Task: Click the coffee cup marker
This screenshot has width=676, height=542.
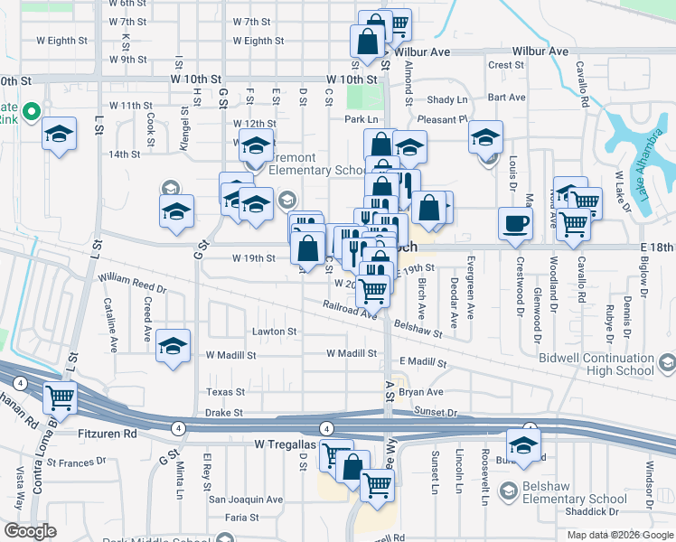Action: tap(515, 223)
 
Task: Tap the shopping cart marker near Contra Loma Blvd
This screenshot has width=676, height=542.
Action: tap(61, 397)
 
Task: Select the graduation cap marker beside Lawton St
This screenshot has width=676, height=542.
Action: tap(173, 346)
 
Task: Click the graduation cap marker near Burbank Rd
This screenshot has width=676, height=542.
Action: tap(522, 444)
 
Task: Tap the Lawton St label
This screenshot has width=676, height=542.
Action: tap(274, 332)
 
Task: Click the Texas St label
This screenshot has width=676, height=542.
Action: tap(225, 392)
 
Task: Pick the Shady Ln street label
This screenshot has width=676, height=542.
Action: tap(449, 99)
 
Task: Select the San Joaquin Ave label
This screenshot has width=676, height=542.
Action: tap(247, 499)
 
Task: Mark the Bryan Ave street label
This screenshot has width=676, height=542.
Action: tap(421, 392)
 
